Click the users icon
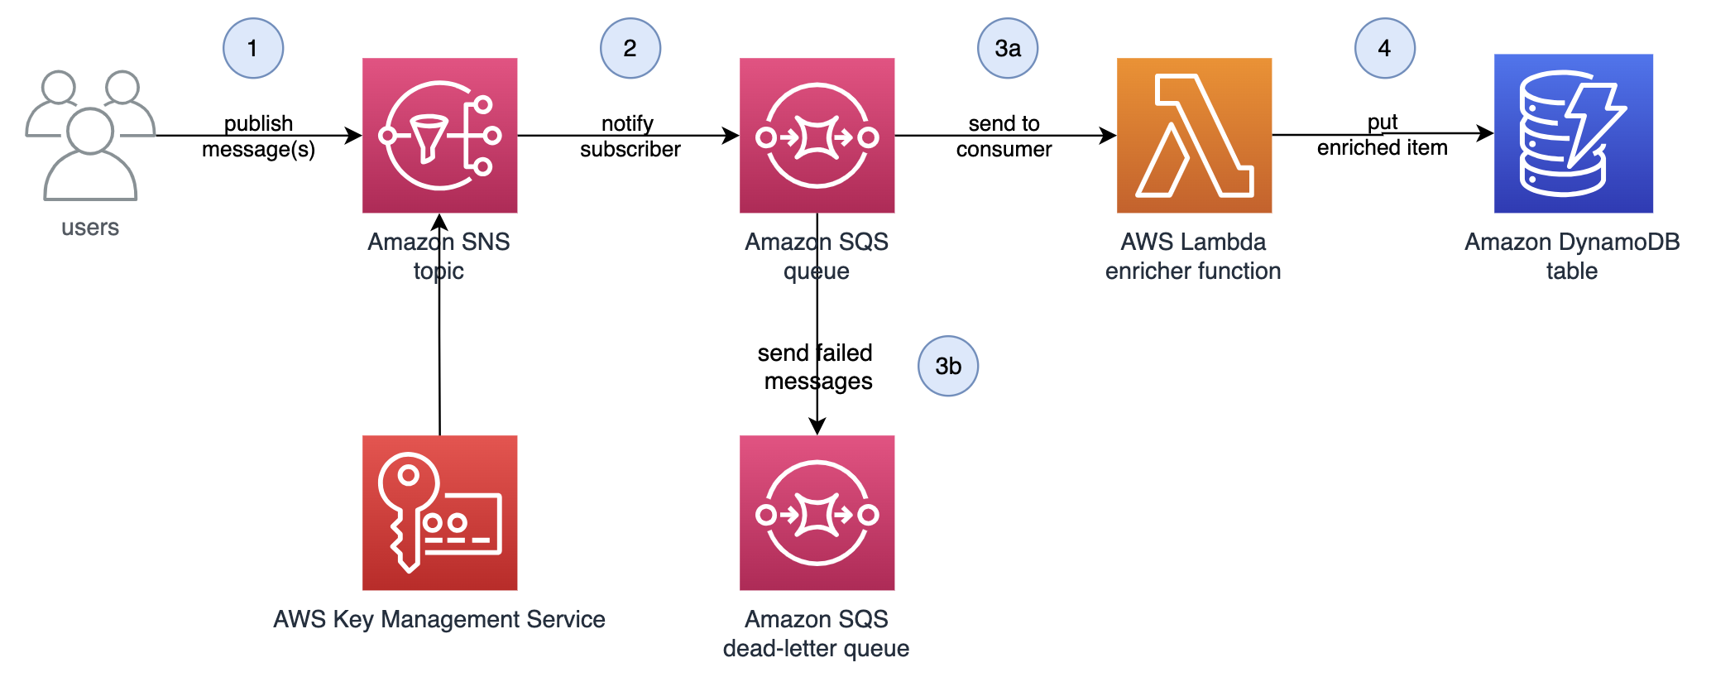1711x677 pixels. point(89,135)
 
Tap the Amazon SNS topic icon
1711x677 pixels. point(439,135)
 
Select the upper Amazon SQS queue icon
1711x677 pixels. point(817,135)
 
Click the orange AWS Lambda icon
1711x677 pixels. point(1193,135)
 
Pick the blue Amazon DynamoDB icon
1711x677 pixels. point(1572,133)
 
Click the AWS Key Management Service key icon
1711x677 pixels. point(439,512)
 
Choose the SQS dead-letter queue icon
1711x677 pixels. point(817,512)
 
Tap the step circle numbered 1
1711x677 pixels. point(253,48)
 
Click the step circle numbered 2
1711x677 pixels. point(630,48)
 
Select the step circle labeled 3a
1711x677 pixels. point(1007,48)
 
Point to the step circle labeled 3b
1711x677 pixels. point(948,366)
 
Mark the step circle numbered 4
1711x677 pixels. point(1384,48)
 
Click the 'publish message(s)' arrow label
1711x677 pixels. point(258,137)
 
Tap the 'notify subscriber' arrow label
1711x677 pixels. point(630,137)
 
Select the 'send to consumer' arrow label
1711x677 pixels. point(1004,137)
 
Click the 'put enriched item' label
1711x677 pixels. point(1382,136)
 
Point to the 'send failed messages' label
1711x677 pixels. point(815,367)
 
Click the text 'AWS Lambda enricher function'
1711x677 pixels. point(1192,256)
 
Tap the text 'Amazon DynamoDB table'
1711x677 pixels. point(1571,256)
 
